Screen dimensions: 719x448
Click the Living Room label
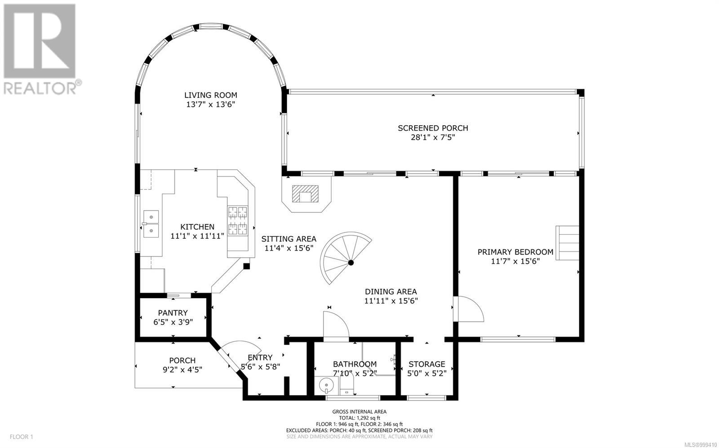[211, 95]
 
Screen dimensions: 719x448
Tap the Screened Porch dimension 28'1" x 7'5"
[433, 137]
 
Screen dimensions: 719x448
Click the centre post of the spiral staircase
[351, 263]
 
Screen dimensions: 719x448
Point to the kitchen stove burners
[238, 220]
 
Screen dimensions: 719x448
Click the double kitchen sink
[151, 224]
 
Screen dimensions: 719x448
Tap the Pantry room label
[173, 313]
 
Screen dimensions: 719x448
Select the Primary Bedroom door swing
[468, 309]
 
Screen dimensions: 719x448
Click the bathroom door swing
[336, 325]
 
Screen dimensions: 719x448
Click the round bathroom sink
[326, 385]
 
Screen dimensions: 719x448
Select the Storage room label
[426, 364]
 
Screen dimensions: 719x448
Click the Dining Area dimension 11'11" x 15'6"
[391, 301]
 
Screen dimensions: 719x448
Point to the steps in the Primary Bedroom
[567, 243]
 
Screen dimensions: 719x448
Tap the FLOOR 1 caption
[22, 437]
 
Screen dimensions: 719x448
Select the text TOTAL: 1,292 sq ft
[359, 418]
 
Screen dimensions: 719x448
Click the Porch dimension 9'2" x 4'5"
[182, 370]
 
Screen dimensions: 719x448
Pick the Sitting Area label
[288, 239]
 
